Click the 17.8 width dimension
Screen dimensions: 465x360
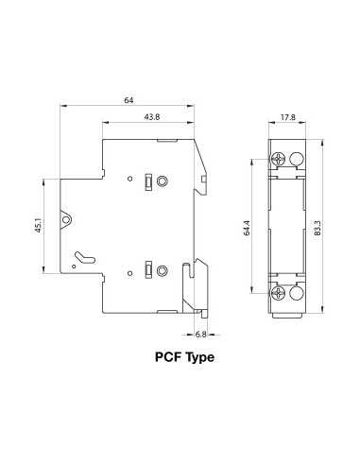pyautogui.click(x=289, y=118)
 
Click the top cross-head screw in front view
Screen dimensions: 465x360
pyautogui.click(x=279, y=159)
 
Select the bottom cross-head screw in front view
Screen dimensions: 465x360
pyautogui.click(x=279, y=293)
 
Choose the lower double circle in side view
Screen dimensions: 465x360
pyautogui.click(x=163, y=271)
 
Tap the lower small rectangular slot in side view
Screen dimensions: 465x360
pyautogui.click(x=148, y=271)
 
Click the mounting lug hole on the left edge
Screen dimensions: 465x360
pyautogui.click(x=67, y=223)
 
